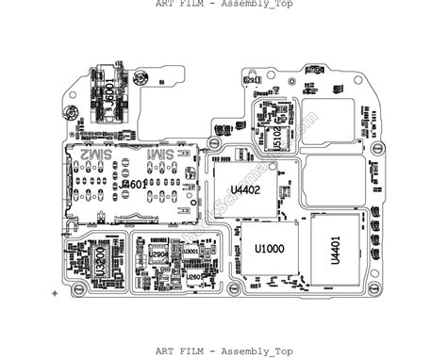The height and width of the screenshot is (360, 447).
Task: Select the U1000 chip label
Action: pos(269,249)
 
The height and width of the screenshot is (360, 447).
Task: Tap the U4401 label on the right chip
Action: pos(335,250)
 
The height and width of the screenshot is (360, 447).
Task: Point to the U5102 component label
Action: pos(276,138)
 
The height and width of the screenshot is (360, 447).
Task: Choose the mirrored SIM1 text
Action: pos(159,153)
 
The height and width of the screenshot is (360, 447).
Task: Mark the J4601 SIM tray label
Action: pos(134,186)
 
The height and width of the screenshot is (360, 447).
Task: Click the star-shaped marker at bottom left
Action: pos(54,293)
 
